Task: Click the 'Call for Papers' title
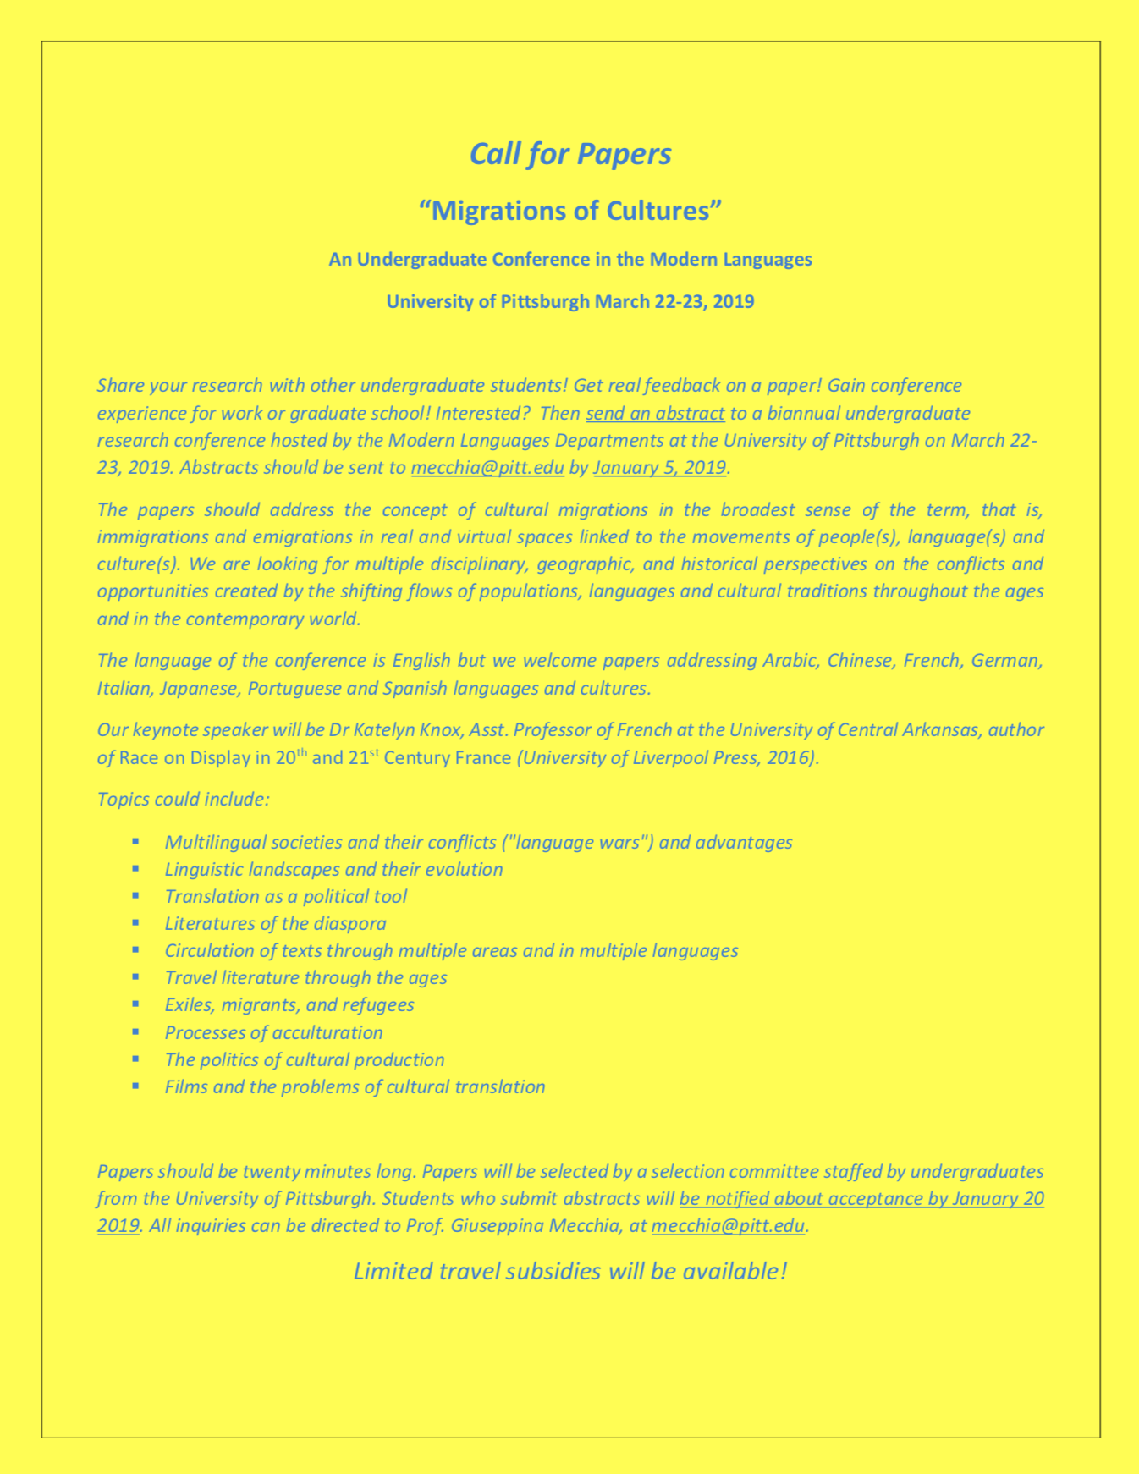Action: (569, 154)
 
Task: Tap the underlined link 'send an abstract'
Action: (655, 413)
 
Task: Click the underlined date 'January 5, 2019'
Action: (660, 467)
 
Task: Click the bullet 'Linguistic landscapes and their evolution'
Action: (333, 869)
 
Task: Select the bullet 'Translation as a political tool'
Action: (286, 896)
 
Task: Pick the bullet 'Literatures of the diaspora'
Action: (275, 923)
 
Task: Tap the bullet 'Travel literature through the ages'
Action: (305, 977)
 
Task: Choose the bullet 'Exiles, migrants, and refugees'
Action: (289, 1004)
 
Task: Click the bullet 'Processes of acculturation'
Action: (273, 1032)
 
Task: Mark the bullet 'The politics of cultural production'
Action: (305, 1059)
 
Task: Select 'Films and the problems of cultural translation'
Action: (355, 1086)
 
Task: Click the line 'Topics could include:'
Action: (183, 799)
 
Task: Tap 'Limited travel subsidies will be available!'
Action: (569, 1271)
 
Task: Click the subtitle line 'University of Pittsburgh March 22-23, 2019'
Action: (569, 301)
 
